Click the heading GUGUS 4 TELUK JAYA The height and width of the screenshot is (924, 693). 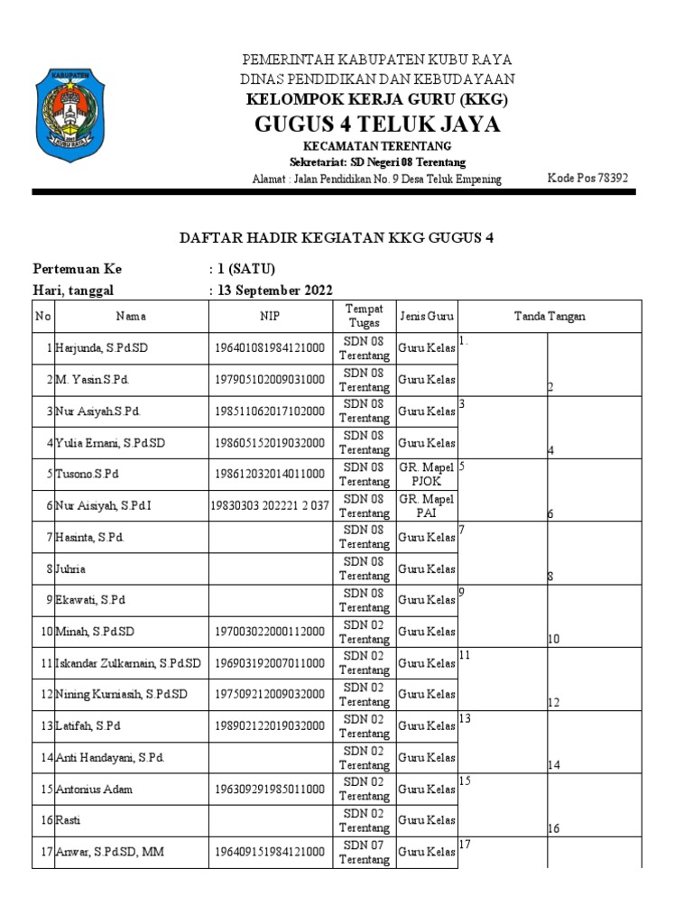[377, 124]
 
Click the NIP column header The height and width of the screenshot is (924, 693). [271, 317]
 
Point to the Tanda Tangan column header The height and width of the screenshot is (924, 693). [550, 317]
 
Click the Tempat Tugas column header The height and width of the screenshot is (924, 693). [364, 317]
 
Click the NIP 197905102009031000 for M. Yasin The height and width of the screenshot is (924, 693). [270, 380]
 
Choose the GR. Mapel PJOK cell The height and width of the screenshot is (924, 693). [426, 474]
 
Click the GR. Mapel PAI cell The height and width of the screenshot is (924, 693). [426, 505]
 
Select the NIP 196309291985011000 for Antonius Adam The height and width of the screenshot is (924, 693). [270, 789]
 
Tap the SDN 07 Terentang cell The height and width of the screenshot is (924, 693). [364, 852]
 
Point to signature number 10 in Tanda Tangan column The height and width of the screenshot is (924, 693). [554, 640]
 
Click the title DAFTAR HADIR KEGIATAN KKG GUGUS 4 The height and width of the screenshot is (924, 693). [337, 237]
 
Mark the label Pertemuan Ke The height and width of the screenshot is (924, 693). [77, 269]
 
